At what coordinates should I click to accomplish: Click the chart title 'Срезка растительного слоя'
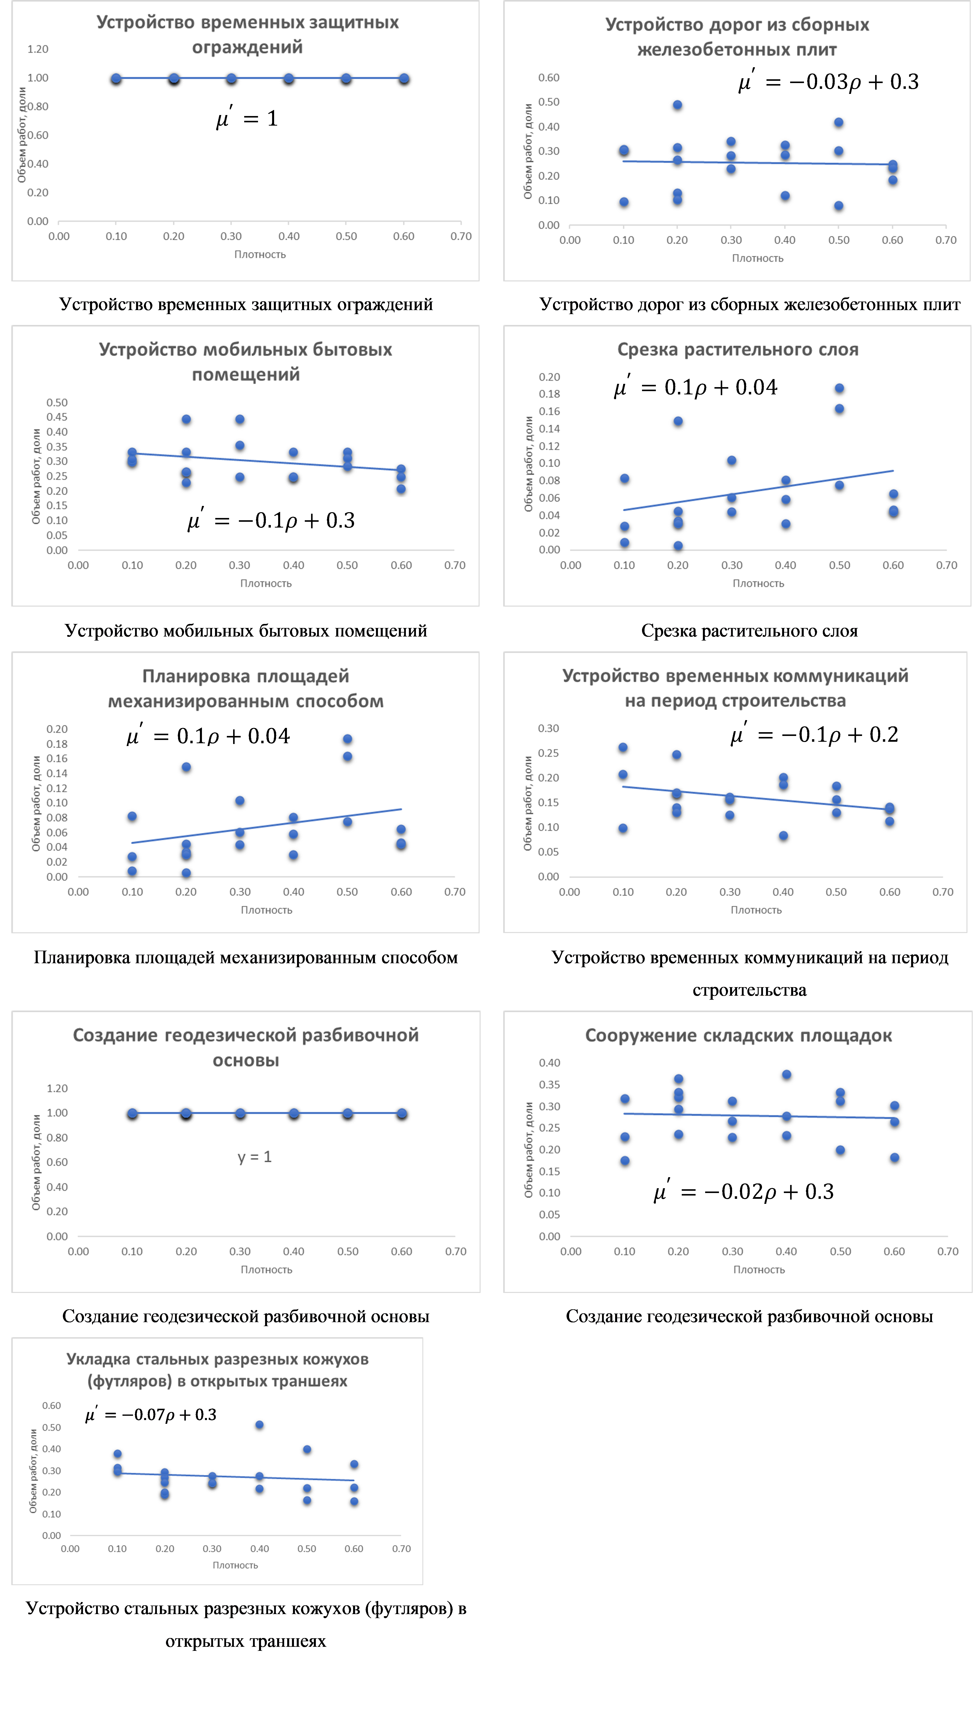click(738, 350)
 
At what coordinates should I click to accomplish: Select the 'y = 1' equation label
click(254, 1157)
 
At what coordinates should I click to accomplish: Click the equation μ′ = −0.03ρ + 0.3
click(828, 82)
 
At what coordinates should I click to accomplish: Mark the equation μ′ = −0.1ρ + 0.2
click(815, 734)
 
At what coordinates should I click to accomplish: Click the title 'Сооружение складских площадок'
click(738, 1035)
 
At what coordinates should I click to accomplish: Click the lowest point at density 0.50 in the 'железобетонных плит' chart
click(839, 206)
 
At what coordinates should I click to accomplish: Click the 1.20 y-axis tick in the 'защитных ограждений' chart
click(38, 49)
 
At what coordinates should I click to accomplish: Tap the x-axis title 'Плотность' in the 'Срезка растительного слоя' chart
click(758, 583)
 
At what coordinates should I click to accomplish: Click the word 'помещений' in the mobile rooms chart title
click(246, 375)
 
